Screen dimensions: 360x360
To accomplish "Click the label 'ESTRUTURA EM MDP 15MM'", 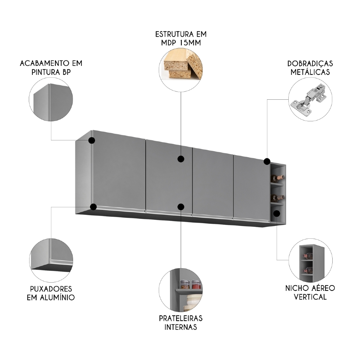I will pos(181,39).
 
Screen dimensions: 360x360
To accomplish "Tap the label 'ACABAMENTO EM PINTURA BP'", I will pos(51,68).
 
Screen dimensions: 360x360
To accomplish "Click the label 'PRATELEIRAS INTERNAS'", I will pos(181,323).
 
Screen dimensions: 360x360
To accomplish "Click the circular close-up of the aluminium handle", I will pos(51,256).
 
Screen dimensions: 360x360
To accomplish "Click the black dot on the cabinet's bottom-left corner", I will pos(94,207).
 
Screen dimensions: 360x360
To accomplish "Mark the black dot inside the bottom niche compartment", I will pos(276,213).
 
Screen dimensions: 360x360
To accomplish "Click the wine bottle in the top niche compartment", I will pos(278,177).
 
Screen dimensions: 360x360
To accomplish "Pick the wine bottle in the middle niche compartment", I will pos(278,197).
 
